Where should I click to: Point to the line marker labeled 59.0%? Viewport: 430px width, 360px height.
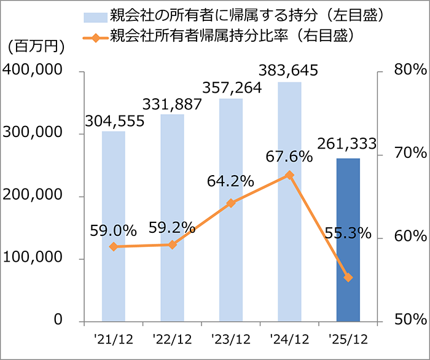pos(114,246)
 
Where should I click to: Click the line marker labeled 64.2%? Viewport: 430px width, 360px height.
pos(231,203)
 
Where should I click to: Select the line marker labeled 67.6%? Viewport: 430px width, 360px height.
pos(290,175)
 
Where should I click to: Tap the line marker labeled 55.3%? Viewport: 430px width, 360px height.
pos(348,278)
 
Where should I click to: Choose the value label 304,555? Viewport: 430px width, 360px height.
pos(114,121)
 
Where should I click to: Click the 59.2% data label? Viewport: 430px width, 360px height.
pos(172,229)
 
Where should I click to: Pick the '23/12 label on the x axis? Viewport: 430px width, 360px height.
pos(231,338)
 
